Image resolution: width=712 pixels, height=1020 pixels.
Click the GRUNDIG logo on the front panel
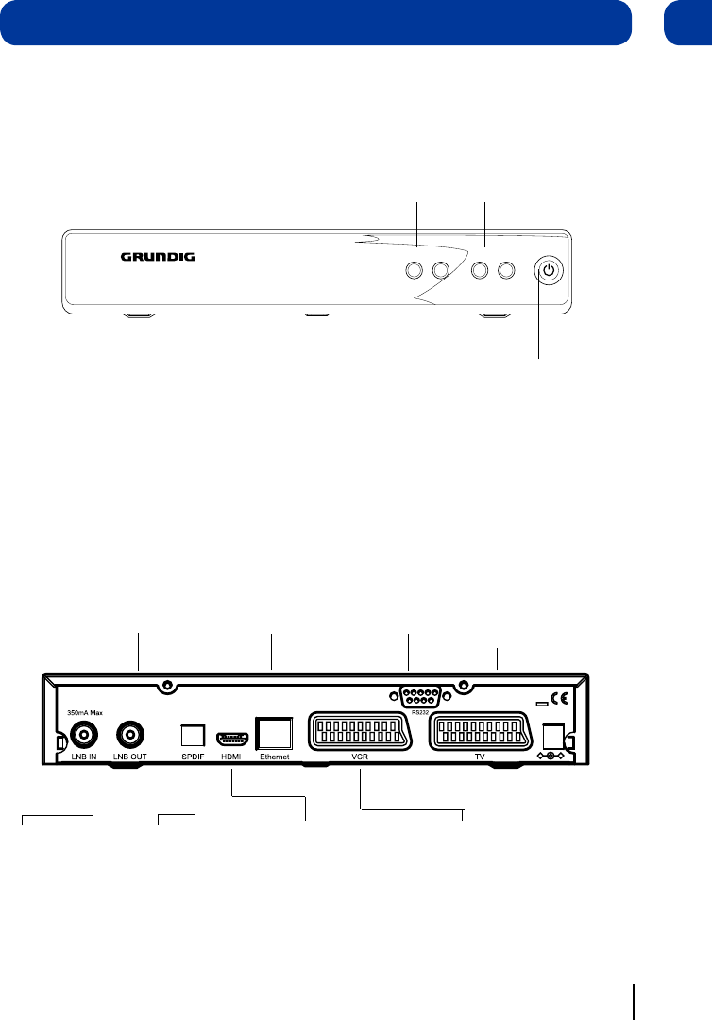(157, 256)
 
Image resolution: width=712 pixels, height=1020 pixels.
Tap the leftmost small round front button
(413, 270)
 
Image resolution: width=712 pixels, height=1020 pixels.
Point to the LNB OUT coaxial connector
(130, 734)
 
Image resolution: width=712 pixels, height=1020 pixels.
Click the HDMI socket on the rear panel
(231, 736)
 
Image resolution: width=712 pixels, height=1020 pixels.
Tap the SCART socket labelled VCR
(358, 731)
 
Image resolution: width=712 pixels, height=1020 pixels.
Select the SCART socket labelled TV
(478, 731)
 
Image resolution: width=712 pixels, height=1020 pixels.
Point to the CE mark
(559, 701)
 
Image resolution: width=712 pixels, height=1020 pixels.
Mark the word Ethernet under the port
(274, 757)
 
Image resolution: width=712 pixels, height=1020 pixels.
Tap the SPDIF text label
(193, 757)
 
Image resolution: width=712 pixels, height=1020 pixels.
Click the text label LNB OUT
(130, 757)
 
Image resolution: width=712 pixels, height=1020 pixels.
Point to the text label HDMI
(231, 757)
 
